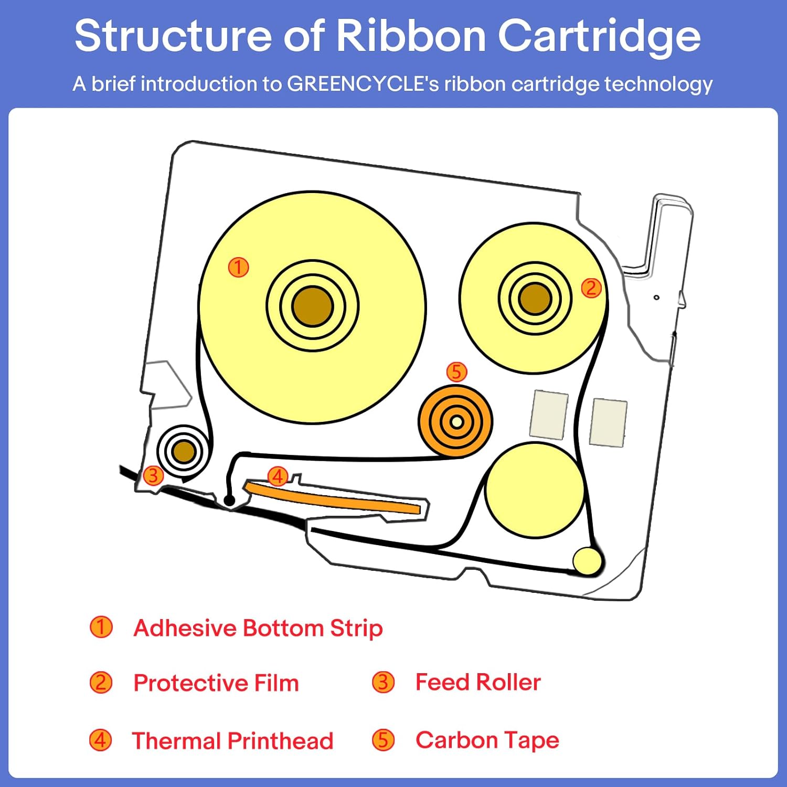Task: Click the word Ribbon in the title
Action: [x=411, y=36]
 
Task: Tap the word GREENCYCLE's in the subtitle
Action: [x=363, y=84]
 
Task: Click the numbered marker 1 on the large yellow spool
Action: [x=238, y=267]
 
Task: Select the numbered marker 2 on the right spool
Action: [x=591, y=288]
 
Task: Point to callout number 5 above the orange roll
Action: [x=456, y=372]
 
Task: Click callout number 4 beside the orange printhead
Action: [x=278, y=476]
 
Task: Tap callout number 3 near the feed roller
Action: [x=153, y=475]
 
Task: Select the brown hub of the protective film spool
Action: [x=535, y=299]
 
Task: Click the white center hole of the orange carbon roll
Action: [x=456, y=422]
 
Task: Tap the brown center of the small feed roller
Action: [x=184, y=451]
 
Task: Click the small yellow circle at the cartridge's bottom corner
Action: [x=587, y=561]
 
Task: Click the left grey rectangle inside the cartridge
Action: [x=549, y=414]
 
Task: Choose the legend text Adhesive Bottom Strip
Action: [x=258, y=629]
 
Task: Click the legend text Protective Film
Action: [x=216, y=683]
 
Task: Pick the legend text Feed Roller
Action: [x=478, y=682]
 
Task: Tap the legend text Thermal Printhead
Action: [x=232, y=741]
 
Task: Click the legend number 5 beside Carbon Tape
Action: [x=384, y=740]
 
